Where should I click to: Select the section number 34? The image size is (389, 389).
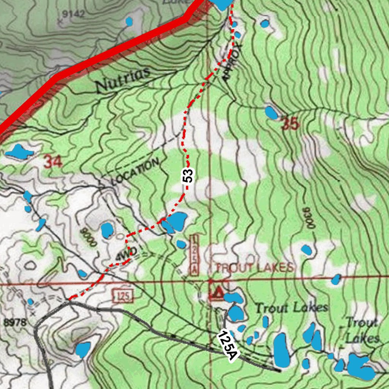pos(52,163)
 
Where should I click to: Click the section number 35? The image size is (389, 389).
pos(290,124)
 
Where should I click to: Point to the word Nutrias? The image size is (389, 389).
pos(123,80)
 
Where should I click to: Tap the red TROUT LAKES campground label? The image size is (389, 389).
pos(254,267)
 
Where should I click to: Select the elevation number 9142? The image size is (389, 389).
pos(73,14)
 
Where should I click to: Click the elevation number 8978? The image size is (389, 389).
pos(15,323)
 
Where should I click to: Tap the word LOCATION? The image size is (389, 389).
pos(135,172)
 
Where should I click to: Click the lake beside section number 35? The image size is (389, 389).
pos(271,112)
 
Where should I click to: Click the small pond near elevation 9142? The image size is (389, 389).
pos(129,21)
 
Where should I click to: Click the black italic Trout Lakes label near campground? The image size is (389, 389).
pos(291,307)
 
